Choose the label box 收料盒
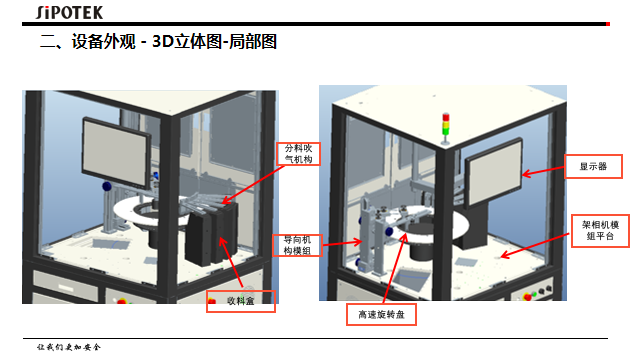pos(239,301)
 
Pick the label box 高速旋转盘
pos(380,314)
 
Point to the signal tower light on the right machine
pos(446,126)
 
